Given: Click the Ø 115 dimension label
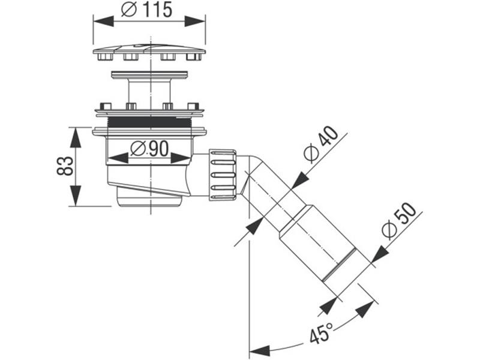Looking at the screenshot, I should [x=147, y=10].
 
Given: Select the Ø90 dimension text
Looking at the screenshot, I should [x=149, y=148].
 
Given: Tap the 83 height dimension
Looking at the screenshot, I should [x=66, y=166].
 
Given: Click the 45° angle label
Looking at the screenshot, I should [x=322, y=334].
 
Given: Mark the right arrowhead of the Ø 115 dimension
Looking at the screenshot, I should [x=196, y=21].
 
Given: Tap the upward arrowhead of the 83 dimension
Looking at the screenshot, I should [x=75, y=137].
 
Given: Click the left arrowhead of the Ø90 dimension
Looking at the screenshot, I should [x=118, y=158].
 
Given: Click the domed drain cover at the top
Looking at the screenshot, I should [x=149, y=49].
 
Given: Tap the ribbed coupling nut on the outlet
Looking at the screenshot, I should [x=223, y=174].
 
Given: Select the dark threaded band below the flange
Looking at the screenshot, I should [x=149, y=122].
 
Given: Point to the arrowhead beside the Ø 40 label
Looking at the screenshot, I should [x=299, y=180].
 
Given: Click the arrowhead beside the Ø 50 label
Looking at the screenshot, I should [x=379, y=256].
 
